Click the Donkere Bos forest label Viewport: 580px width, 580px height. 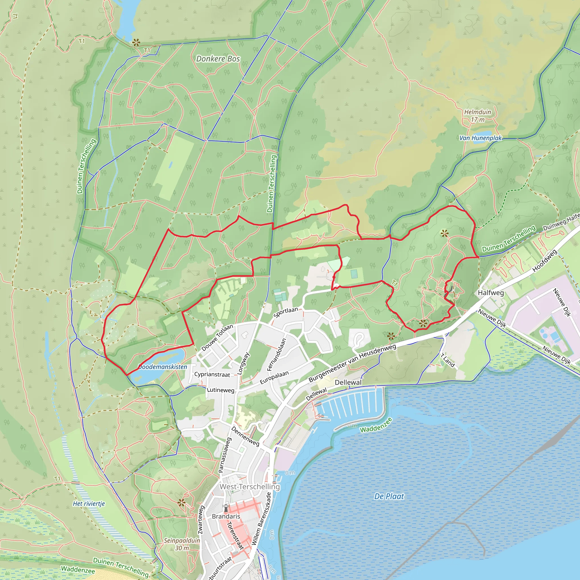[218, 59]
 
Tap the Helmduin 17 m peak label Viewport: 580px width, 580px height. [478, 116]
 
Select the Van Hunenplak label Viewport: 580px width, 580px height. [481, 138]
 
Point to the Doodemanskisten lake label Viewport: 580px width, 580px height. [163, 367]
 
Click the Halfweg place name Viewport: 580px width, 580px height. [491, 293]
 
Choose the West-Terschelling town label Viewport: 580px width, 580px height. [250, 487]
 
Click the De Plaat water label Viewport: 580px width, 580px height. [389, 496]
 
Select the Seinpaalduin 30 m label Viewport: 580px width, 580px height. [182, 544]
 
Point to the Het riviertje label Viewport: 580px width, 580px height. [89, 504]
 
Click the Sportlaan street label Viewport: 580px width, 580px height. [285, 313]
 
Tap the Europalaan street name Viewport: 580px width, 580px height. [274, 377]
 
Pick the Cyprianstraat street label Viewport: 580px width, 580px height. [212, 375]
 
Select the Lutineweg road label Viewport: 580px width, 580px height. [220, 390]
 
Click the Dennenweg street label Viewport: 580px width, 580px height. [245, 436]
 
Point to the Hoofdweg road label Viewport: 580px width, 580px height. [545, 261]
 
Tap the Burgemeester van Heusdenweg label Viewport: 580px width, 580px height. [352, 364]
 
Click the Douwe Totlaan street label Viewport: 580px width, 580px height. [217, 338]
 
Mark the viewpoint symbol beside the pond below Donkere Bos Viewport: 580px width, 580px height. [136, 43]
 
